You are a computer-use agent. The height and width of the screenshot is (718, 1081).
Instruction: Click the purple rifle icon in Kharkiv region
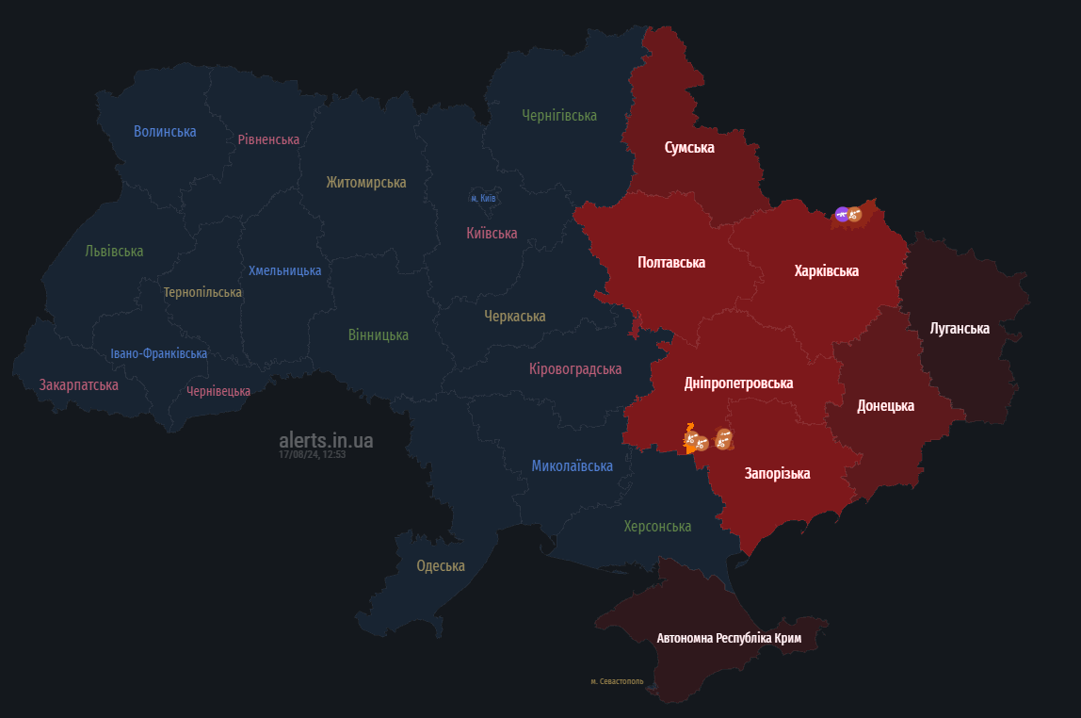[x=842, y=215]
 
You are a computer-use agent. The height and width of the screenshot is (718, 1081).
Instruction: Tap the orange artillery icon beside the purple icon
[x=855, y=215]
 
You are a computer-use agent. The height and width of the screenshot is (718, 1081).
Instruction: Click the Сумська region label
[x=689, y=148]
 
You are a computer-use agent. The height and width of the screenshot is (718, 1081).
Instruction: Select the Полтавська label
[x=671, y=262]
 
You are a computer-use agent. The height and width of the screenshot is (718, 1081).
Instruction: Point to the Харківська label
[x=826, y=270]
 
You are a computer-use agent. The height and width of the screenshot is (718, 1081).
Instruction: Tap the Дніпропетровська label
[x=738, y=383]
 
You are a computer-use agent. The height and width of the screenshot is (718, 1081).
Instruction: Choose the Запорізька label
[x=777, y=473]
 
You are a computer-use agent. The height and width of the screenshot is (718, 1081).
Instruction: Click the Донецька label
[x=885, y=406]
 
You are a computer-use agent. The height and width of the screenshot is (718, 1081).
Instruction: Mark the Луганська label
[x=960, y=329]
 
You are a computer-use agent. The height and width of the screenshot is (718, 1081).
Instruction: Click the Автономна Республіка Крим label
[x=729, y=638]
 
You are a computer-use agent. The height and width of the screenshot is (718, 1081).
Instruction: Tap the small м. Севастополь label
[x=617, y=681]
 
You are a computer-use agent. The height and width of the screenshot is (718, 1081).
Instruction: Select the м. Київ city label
[x=483, y=199]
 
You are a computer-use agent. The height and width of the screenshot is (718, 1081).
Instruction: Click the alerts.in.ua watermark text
[x=326, y=440]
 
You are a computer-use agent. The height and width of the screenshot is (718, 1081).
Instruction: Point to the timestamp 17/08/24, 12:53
[x=312, y=454]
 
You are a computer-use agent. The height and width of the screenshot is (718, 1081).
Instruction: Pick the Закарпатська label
[x=78, y=384]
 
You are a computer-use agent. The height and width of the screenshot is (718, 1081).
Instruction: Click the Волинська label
[x=165, y=131]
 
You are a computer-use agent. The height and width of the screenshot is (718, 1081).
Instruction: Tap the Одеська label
[x=441, y=566]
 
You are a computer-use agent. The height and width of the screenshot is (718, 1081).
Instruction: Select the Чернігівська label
[x=559, y=115]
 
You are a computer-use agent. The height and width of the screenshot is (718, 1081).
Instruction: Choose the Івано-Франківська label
[x=158, y=353]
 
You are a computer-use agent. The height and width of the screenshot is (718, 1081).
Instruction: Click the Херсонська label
[x=657, y=526]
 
